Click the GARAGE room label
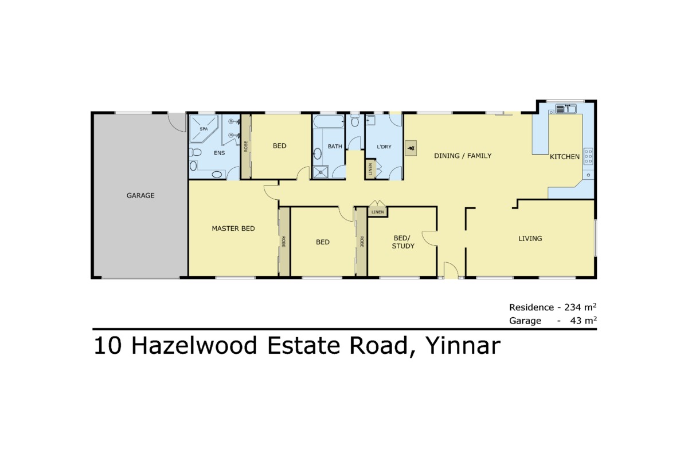click(x=140, y=195)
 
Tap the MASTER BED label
click(x=233, y=228)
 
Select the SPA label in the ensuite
click(x=204, y=129)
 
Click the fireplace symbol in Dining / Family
click(x=411, y=148)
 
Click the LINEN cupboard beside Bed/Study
click(x=377, y=212)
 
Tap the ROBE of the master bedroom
click(x=283, y=242)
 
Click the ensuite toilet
click(x=196, y=153)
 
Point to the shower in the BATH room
click(x=321, y=171)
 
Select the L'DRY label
click(x=384, y=147)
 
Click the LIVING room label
click(x=530, y=239)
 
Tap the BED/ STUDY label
click(x=403, y=242)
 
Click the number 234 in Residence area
click(x=576, y=307)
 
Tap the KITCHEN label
click(x=565, y=156)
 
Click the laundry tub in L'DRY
click(x=370, y=121)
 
